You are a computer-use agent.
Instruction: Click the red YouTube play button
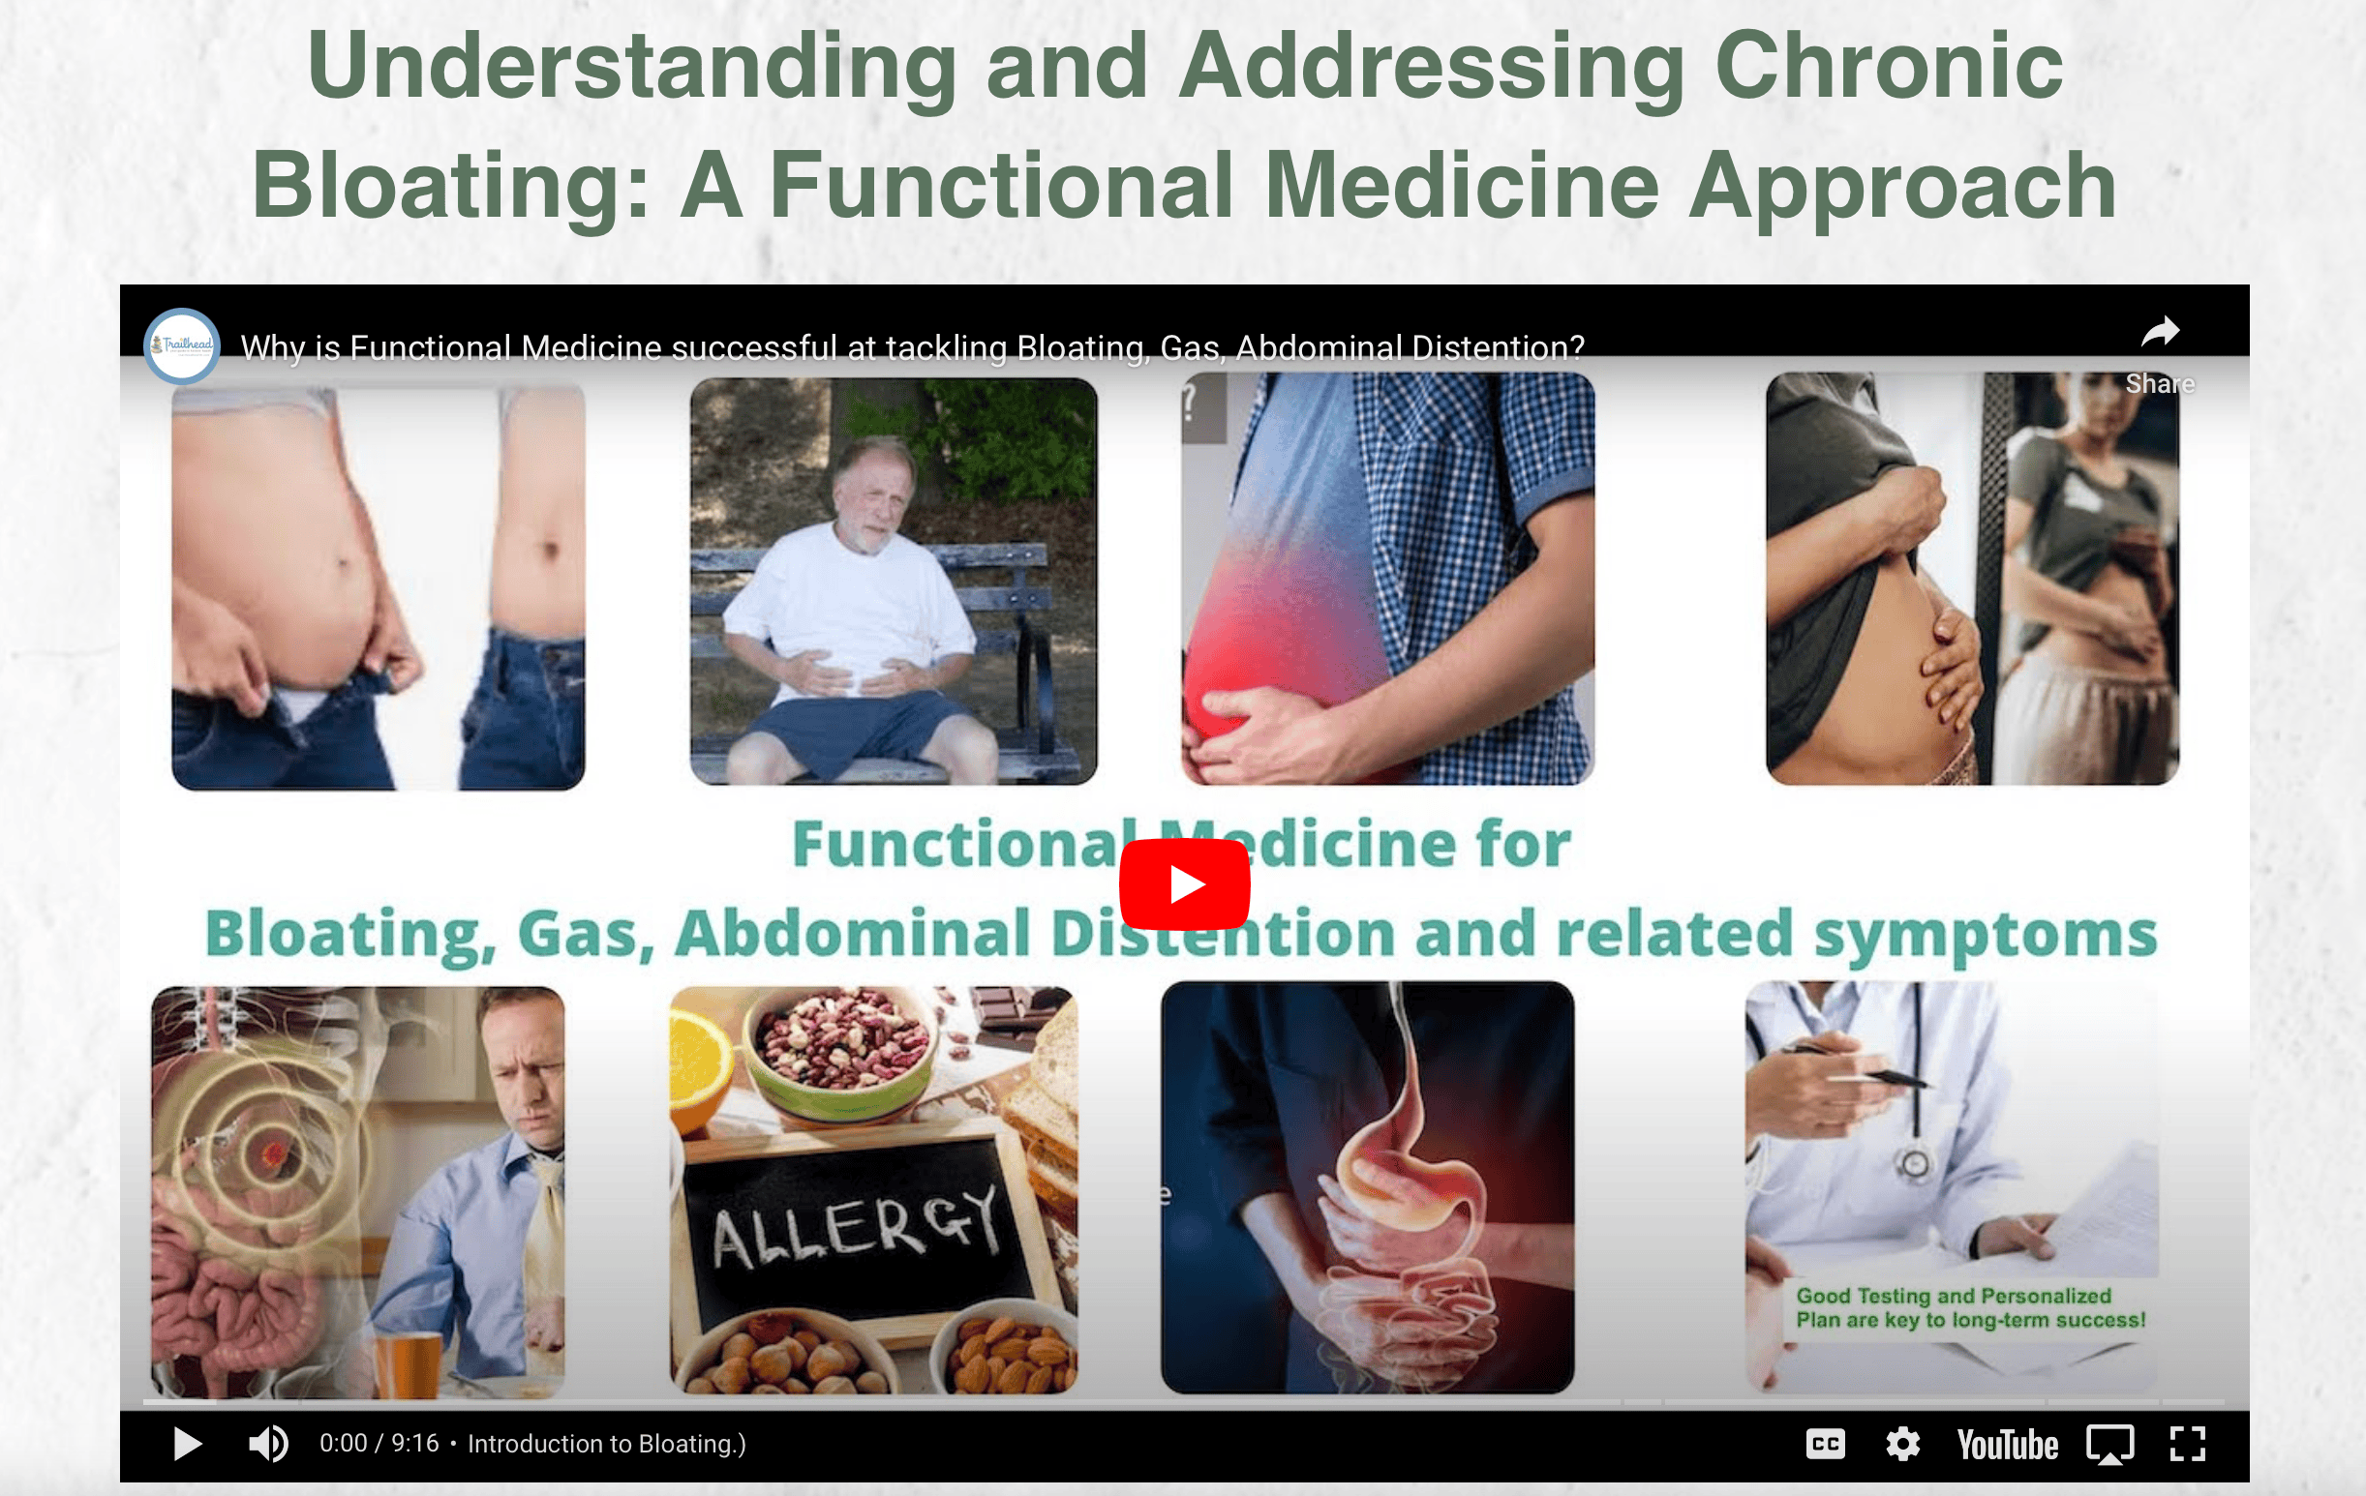(x=1184, y=884)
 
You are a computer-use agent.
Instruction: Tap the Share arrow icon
(x=2160, y=334)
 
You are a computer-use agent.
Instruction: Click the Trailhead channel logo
(x=182, y=344)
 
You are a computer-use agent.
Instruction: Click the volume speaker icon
(x=268, y=1444)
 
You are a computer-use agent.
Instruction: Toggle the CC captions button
(x=1825, y=1444)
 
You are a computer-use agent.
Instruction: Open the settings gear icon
(x=1902, y=1444)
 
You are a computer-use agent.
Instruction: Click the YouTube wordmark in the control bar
(x=2007, y=1445)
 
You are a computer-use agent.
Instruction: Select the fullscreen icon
(x=2188, y=1444)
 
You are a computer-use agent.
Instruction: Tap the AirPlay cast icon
(x=2109, y=1445)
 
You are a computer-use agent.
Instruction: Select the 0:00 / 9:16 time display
(x=379, y=1444)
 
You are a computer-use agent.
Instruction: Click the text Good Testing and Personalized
(x=1953, y=1296)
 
